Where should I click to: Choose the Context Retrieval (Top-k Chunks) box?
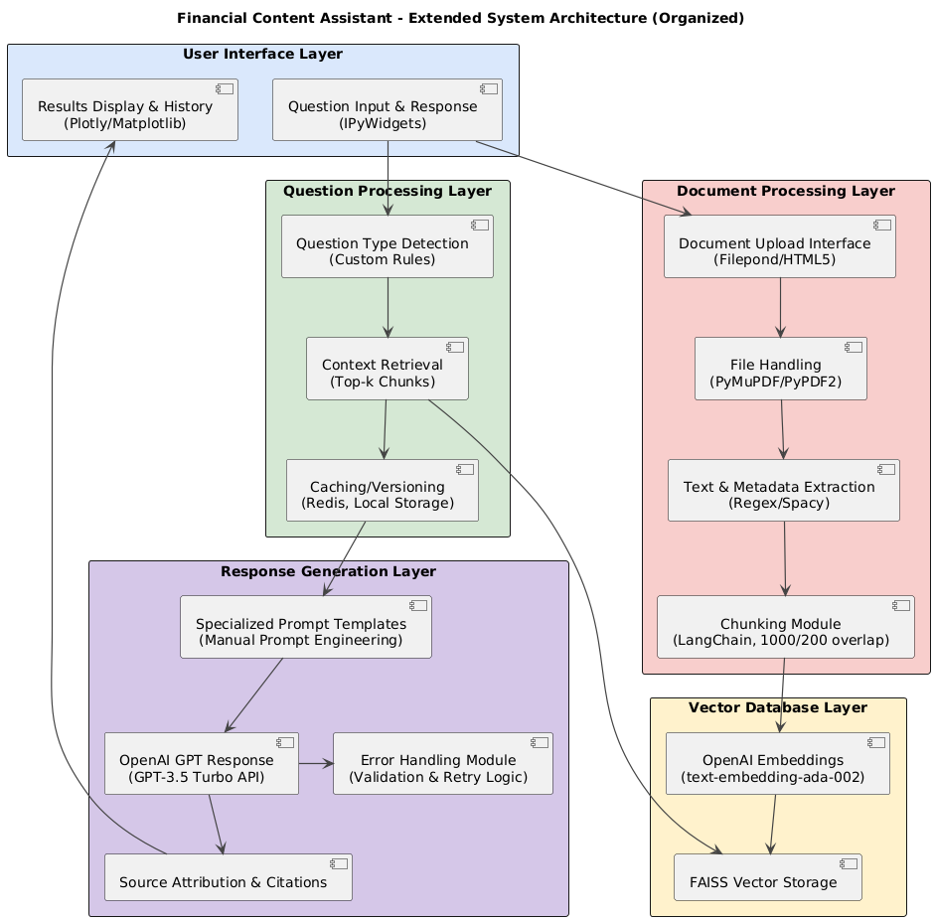[387, 369]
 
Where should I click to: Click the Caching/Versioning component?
[382, 490]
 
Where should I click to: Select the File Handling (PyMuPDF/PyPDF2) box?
[780, 369]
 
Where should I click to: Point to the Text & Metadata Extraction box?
[783, 490]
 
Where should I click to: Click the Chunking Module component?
[785, 627]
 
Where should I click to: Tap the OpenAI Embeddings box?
[777, 764]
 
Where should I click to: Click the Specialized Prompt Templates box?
[305, 627]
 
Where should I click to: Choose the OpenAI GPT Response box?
[202, 764]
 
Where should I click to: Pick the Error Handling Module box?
[442, 764]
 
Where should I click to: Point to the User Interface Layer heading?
[262, 54]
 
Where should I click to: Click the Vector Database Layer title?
[777, 707]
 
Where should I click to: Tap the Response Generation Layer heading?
[328, 571]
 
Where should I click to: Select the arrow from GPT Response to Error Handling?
[316, 764]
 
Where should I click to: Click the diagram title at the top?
[460, 18]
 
